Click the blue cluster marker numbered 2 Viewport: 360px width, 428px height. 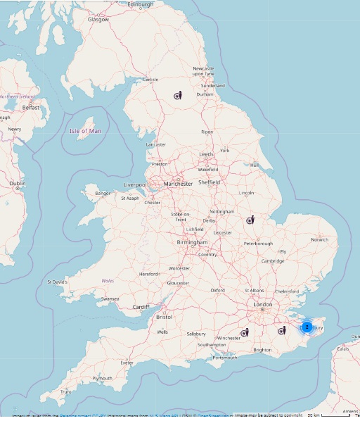tap(307, 327)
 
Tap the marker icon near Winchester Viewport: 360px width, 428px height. tap(245, 332)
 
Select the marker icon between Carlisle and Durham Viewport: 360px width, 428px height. tap(179, 95)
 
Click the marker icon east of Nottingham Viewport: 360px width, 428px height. tap(250, 220)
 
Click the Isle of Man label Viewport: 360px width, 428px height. tap(86, 130)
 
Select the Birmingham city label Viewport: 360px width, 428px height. tap(193, 242)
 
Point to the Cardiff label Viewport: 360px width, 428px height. tap(141, 307)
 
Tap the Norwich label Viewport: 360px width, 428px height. tap(320, 239)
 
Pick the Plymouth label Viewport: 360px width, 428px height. tap(102, 378)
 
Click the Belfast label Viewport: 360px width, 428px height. tap(32, 108)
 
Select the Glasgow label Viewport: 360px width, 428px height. tap(98, 20)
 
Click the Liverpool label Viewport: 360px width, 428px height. tap(134, 185)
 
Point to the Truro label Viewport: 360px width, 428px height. tap(65, 392)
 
